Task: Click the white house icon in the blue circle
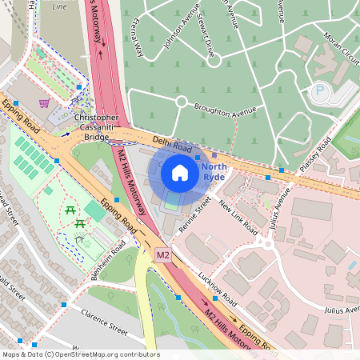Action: pyautogui.click(x=180, y=172)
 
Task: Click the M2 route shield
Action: pyautogui.click(x=163, y=255)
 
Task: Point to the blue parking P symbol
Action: pyautogui.click(x=321, y=91)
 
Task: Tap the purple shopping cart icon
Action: pyautogui.click(x=43, y=102)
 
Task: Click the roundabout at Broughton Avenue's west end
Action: pyautogui.click(x=182, y=102)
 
